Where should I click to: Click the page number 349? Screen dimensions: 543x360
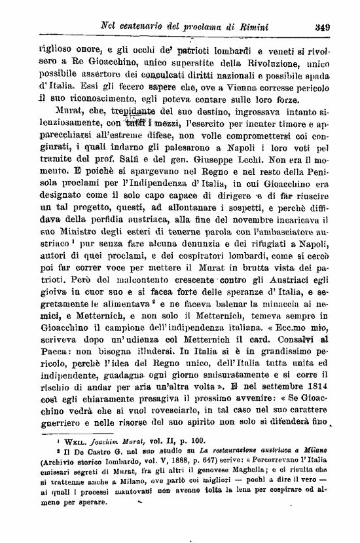point(321,27)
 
